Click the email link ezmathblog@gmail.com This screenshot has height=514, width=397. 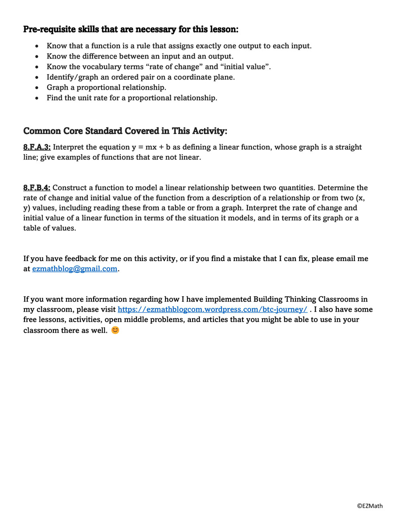(x=75, y=269)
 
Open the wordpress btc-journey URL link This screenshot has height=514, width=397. (x=212, y=309)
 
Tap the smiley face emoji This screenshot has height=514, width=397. (x=115, y=330)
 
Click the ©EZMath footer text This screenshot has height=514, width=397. (x=370, y=506)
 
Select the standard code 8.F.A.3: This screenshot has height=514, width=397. (x=37, y=147)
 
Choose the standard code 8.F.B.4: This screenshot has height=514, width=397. (x=37, y=188)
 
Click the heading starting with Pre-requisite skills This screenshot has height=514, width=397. (x=130, y=29)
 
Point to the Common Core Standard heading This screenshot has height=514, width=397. (x=125, y=131)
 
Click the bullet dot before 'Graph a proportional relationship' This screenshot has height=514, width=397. (x=37, y=88)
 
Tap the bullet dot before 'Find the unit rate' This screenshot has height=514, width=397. (x=37, y=98)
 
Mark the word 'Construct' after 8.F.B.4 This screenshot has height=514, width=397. (x=70, y=188)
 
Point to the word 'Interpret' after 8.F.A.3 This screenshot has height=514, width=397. (x=69, y=147)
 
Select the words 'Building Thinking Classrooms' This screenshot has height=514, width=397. (x=310, y=299)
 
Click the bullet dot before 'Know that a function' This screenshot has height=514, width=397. (x=37, y=46)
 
